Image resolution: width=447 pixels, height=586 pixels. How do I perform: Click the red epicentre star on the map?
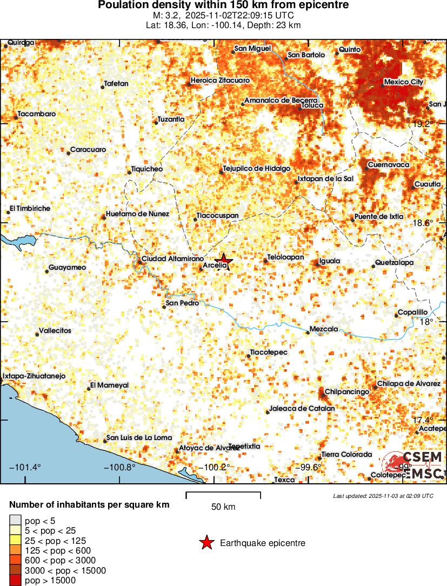[x=224, y=261]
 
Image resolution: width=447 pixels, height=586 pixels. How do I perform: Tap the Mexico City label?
[x=403, y=82]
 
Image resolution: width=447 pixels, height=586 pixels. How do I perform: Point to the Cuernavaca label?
[x=388, y=165]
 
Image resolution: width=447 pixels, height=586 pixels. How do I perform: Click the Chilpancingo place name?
[x=347, y=391]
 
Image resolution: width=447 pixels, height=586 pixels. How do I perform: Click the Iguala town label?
[x=330, y=261]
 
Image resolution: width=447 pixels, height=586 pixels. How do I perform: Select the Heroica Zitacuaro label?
[x=220, y=81]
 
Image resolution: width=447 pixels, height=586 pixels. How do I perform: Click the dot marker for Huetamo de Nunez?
[x=104, y=217]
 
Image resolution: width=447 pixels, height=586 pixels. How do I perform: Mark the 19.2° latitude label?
[x=423, y=124]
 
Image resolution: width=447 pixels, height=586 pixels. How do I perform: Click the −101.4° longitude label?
[x=25, y=467]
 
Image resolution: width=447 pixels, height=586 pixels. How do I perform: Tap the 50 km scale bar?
[x=223, y=495]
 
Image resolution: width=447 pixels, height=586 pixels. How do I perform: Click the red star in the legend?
[x=206, y=543]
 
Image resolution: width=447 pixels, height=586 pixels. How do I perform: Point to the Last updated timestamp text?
[x=383, y=495]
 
